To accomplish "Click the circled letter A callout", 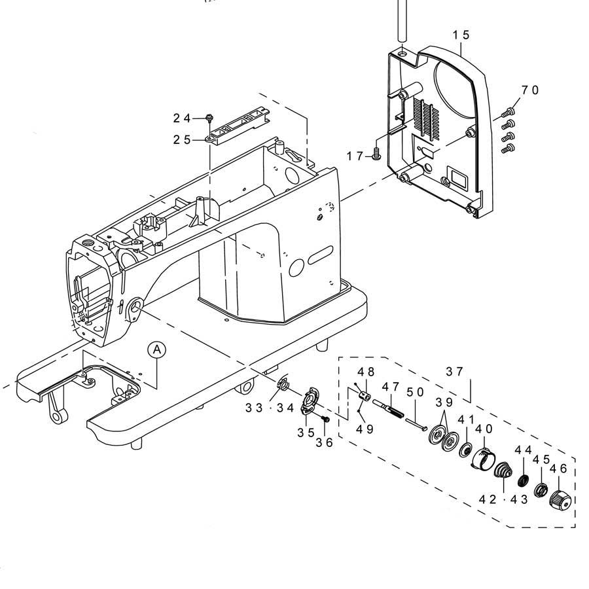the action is [156, 349].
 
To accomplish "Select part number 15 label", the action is [461, 35].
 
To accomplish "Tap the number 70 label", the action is [529, 90].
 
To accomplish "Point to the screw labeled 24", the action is [209, 118].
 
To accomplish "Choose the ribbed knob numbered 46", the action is [560, 499].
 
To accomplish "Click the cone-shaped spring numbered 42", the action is [503, 471].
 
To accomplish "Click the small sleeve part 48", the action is [364, 395].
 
